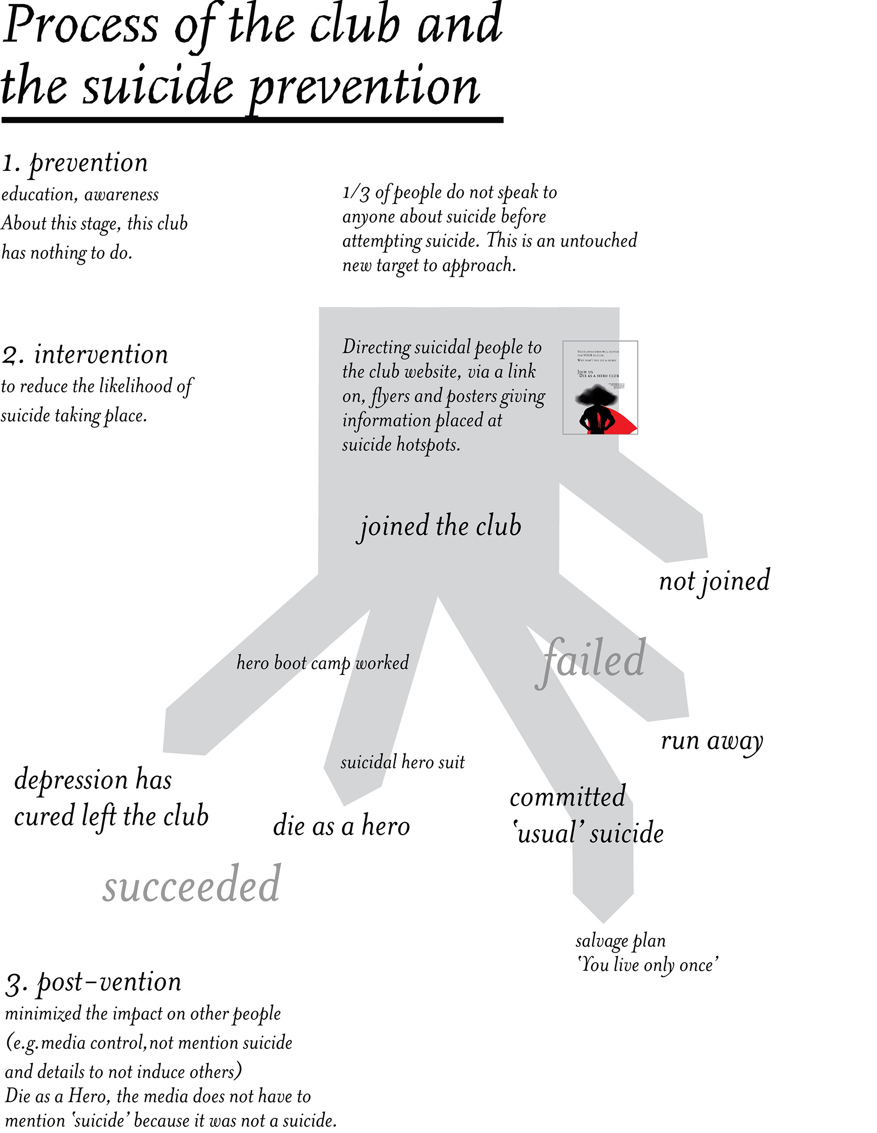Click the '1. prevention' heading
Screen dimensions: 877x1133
[x=75, y=163]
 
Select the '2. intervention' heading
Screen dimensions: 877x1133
[x=85, y=355]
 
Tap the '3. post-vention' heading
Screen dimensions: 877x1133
[x=93, y=982]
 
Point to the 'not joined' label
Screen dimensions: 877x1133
[x=714, y=581]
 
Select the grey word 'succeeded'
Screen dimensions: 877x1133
[x=191, y=884]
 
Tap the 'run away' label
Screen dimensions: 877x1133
[x=712, y=741]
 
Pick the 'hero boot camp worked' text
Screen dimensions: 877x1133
[x=322, y=663]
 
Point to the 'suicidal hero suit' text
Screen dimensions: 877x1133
[x=402, y=762]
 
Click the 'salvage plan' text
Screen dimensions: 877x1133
[x=620, y=941]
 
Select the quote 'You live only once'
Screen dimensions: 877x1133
[x=648, y=965]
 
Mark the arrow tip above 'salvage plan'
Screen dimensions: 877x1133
[x=603, y=921]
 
